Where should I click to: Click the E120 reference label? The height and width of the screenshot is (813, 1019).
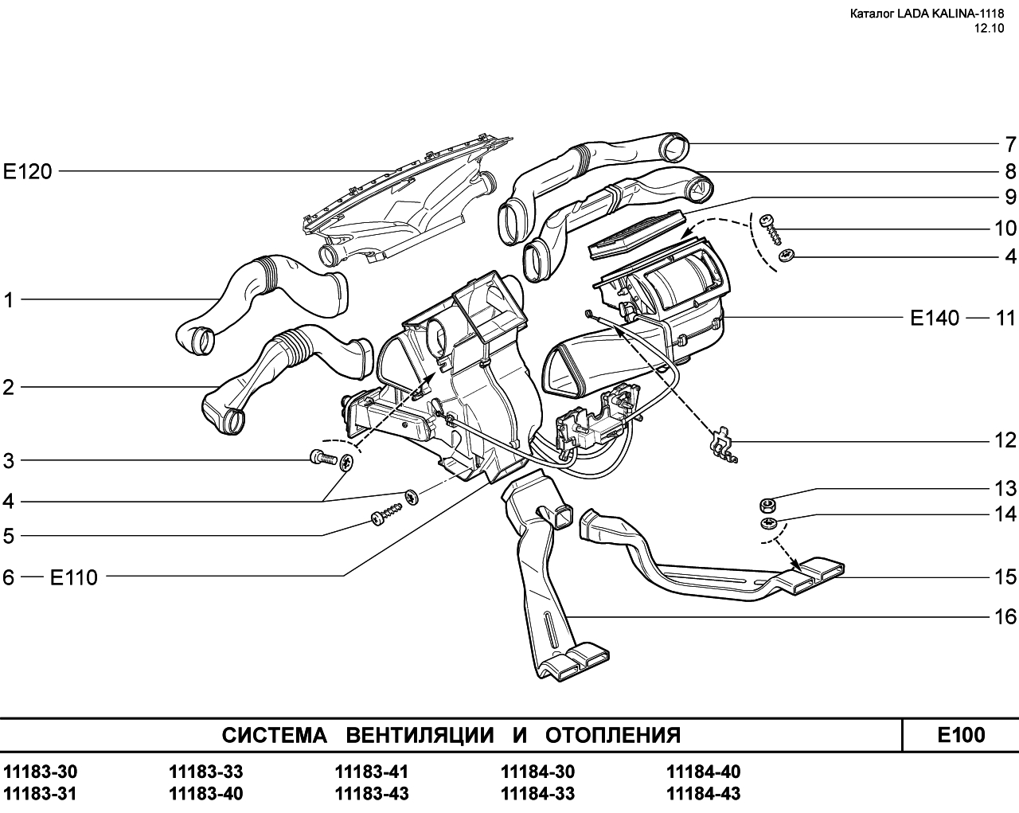(x=27, y=171)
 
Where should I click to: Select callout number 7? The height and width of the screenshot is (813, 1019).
(x=1009, y=145)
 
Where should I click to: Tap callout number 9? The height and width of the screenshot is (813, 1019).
(x=1009, y=197)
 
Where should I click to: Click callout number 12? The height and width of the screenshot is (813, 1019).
(x=1005, y=440)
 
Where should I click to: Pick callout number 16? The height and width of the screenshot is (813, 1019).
(x=1005, y=616)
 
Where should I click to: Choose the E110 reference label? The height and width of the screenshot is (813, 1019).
(x=74, y=577)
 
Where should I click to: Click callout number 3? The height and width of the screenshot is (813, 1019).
(x=9, y=461)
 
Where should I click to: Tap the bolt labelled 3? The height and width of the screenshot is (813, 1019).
(x=319, y=458)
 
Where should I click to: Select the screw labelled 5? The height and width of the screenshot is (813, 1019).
(x=383, y=518)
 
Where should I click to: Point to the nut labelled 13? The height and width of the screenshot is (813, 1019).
(x=768, y=503)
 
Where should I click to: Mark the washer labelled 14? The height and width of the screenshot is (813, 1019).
(x=768, y=524)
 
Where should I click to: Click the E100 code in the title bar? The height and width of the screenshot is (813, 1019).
(x=961, y=734)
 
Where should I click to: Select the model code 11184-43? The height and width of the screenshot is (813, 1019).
(x=703, y=794)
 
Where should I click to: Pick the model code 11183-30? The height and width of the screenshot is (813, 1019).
(x=41, y=772)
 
